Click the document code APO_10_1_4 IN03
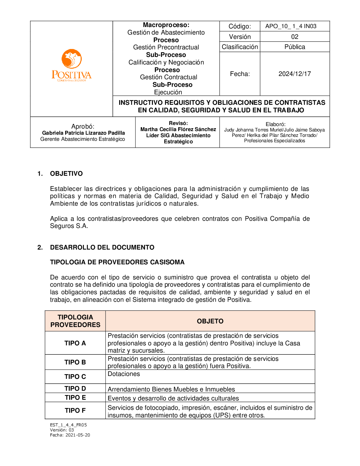(291, 26)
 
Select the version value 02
(294, 37)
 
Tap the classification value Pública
(294, 47)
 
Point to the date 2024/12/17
(294, 74)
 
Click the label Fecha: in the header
(240, 74)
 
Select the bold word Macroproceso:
(166, 25)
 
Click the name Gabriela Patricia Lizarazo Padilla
(84, 133)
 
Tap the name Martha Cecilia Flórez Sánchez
(178, 129)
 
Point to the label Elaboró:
(275, 124)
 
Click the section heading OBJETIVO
(66, 174)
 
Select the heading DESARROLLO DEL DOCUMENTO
(102, 247)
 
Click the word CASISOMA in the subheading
(167, 262)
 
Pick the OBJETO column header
(210, 321)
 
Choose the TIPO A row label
(75, 343)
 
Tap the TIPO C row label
(75, 377)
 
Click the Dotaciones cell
(124, 374)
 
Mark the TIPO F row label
(75, 411)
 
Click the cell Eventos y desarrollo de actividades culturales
(173, 398)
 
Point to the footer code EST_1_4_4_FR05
(68, 425)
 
